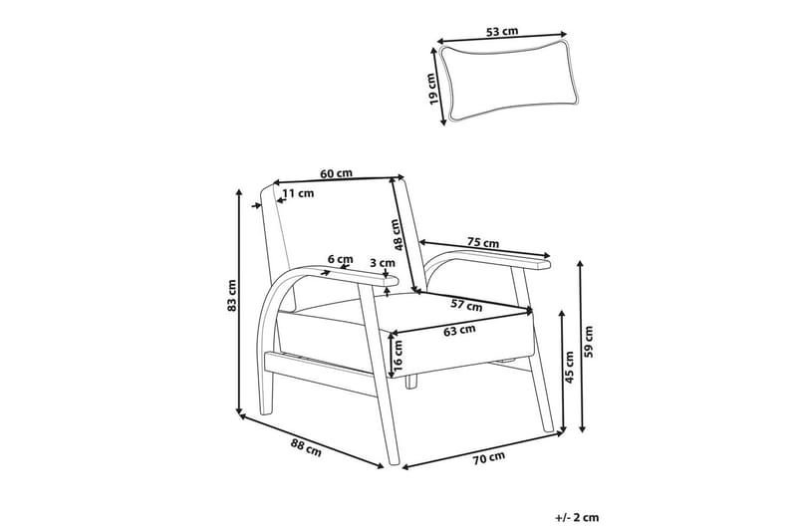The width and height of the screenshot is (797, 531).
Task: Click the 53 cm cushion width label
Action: [x=502, y=31]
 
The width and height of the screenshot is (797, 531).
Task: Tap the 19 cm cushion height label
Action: [x=432, y=89]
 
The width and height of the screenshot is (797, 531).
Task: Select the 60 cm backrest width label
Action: [x=336, y=173]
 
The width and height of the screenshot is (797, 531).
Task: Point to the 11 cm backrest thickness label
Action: [x=298, y=193]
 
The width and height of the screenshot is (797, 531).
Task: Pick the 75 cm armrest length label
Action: [x=483, y=243]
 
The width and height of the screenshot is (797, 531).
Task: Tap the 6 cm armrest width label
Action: [x=340, y=259]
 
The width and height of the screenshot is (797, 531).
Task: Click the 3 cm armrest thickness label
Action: [x=383, y=263]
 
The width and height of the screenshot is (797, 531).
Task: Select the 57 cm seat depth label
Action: [x=466, y=306]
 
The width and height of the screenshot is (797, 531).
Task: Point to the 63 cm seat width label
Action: [x=459, y=331]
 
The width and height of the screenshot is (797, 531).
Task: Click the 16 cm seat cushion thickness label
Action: [x=398, y=356]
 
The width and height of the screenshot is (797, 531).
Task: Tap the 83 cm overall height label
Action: [x=232, y=295]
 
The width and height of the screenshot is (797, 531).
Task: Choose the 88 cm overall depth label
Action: [x=306, y=447]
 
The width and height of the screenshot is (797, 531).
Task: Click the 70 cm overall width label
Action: [x=489, y=458]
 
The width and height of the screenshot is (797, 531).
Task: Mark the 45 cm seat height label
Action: [x=569, y=367]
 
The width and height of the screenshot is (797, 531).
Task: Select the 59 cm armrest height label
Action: [x=589, y=342]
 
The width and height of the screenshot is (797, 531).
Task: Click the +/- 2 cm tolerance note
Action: [x=578, y=518]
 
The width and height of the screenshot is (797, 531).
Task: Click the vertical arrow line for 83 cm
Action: [x=239, y=302]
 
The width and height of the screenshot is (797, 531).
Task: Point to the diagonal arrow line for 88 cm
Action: [x=311, y=440]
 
